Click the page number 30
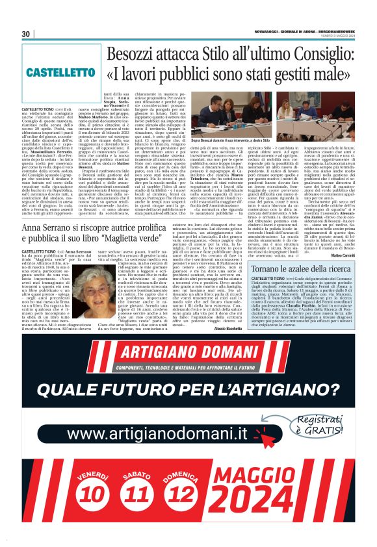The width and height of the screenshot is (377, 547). tap(26, 34)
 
